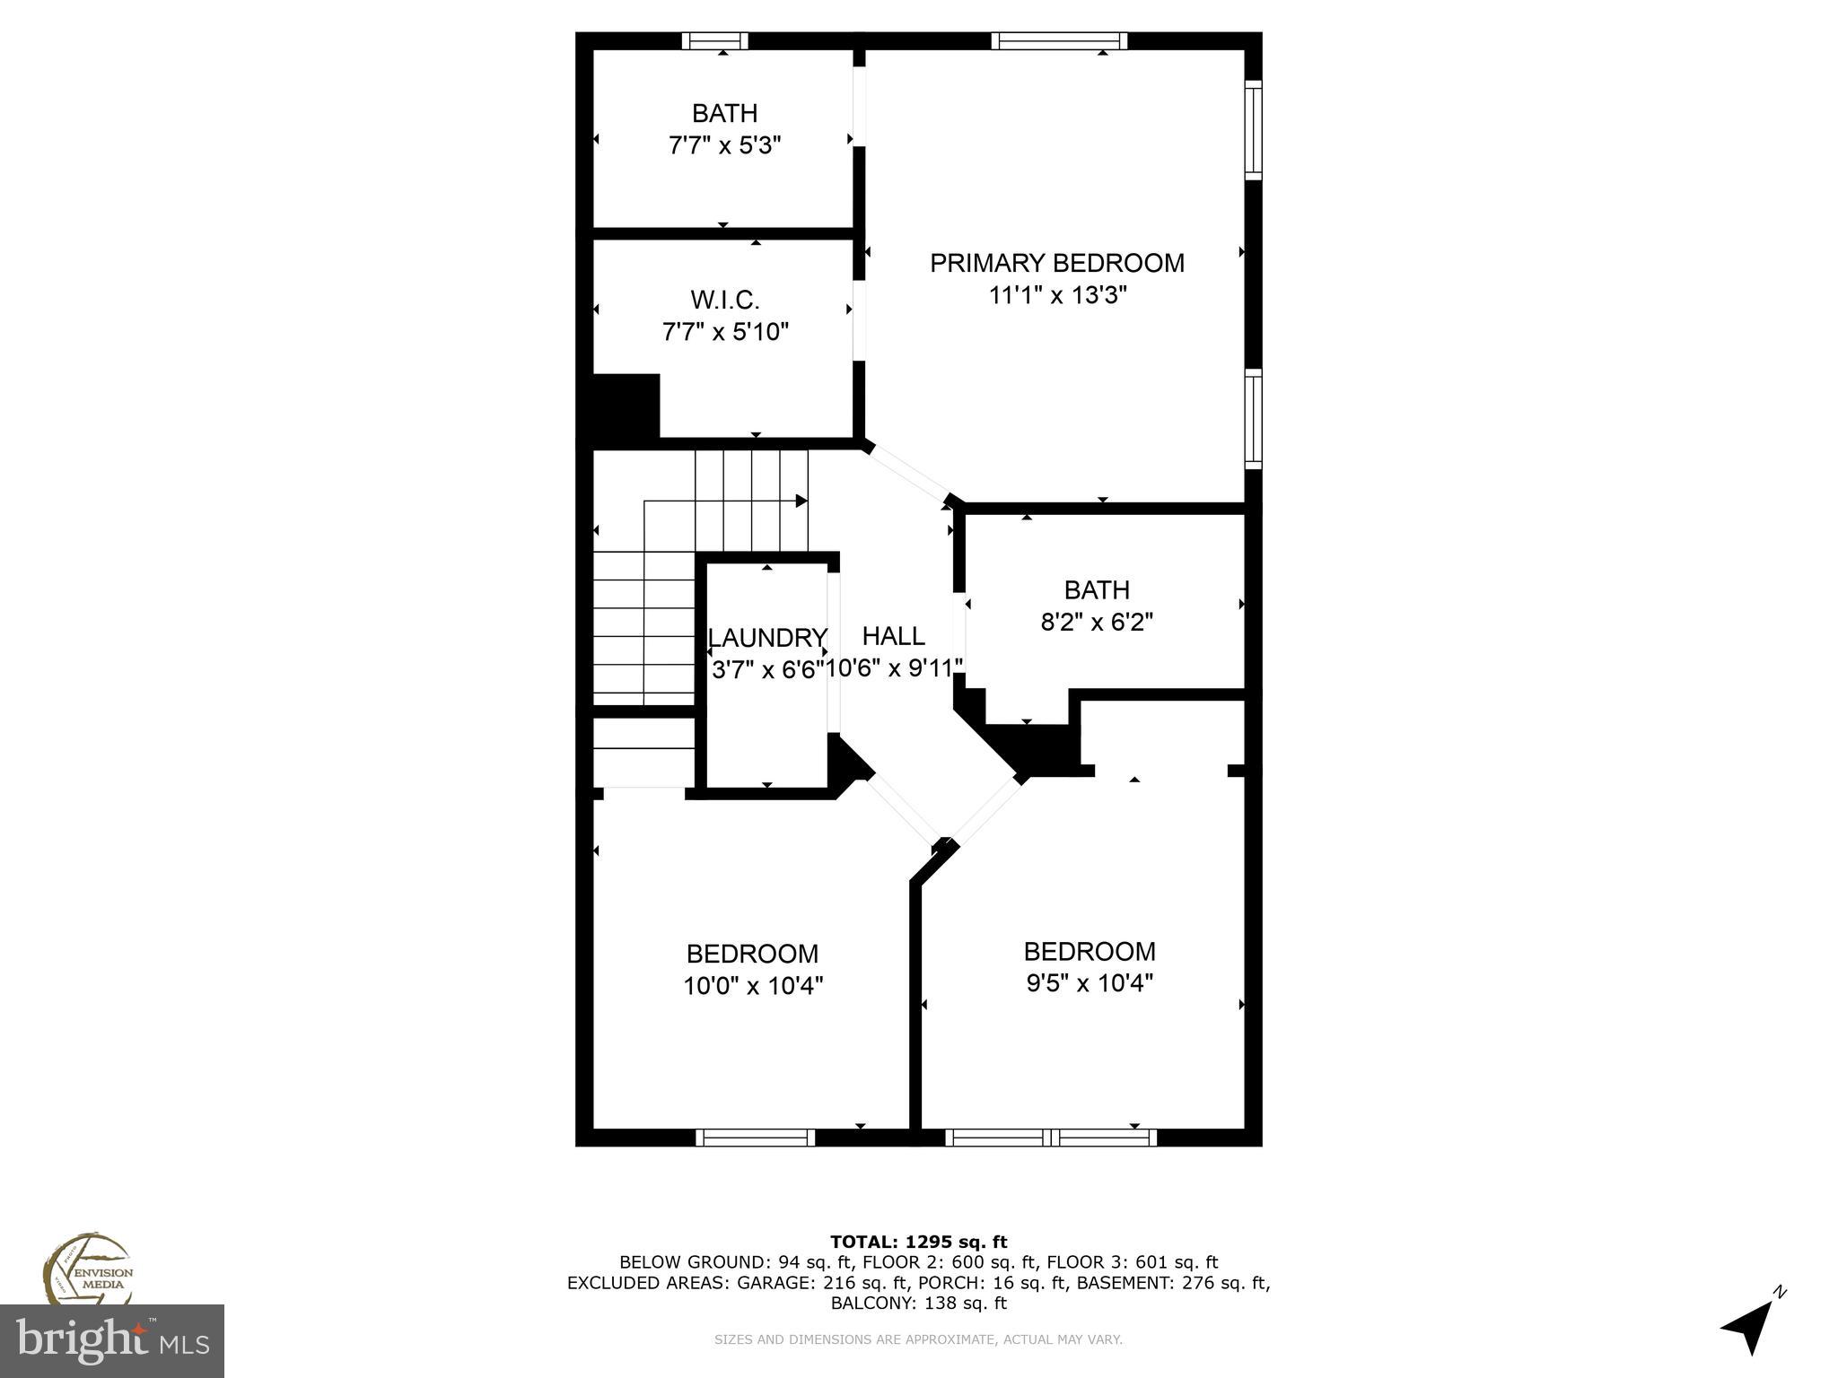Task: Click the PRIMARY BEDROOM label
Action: coord(1056,263)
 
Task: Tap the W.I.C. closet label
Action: coord(724,300)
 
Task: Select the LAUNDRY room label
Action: coord(767,638)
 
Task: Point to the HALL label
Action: coord(893,636)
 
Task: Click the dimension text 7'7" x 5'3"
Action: coord(724,145)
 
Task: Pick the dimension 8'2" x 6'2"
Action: coord(1096,622)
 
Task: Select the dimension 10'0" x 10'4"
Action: coord(753,986)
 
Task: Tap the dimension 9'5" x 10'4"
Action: coord(1089,983)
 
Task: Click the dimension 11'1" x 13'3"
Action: coord(1056,295)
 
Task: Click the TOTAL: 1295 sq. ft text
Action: coord(918,1243)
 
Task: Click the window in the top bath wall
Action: coord(714,40)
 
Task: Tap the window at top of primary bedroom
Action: coord(1059,40)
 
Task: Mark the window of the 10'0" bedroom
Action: coord(755,1138)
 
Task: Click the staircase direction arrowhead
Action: coord(801,501)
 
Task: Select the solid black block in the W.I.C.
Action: coord(626,406)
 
